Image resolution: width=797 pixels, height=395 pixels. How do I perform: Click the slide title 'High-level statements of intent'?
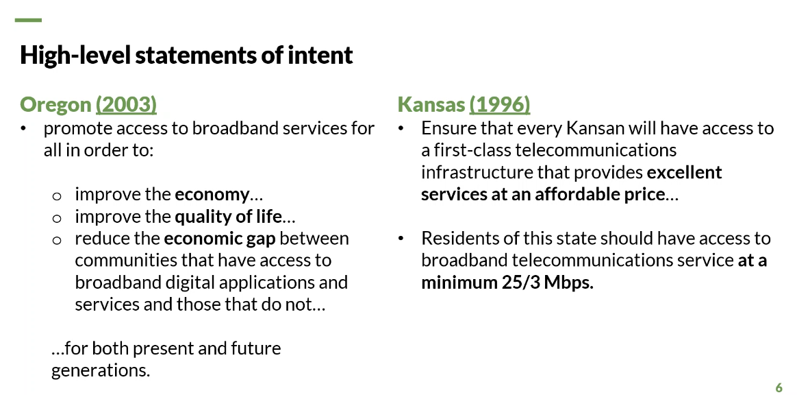tap(186, 55)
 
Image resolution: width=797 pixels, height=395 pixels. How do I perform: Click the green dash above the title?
tap(29, 21)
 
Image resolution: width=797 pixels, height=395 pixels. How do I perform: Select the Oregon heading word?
tap(55, 105)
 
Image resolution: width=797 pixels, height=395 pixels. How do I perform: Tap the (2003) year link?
tap(126, 105)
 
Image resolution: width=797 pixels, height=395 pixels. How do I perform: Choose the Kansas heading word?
tap(431, 104)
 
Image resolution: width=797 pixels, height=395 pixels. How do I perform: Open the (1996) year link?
tap(500, 105)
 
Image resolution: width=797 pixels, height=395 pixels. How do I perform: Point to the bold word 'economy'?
tap(212, 195)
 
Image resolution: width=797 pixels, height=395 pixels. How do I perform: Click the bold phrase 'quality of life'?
tap(228, 217)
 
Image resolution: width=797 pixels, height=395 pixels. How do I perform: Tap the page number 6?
tap(779, 387)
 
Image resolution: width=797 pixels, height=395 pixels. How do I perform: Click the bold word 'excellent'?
tap(684, 172)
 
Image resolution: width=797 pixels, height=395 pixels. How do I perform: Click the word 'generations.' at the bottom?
tap(101, 370)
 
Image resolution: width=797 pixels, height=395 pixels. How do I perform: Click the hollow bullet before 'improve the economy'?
tap(57, 196)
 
